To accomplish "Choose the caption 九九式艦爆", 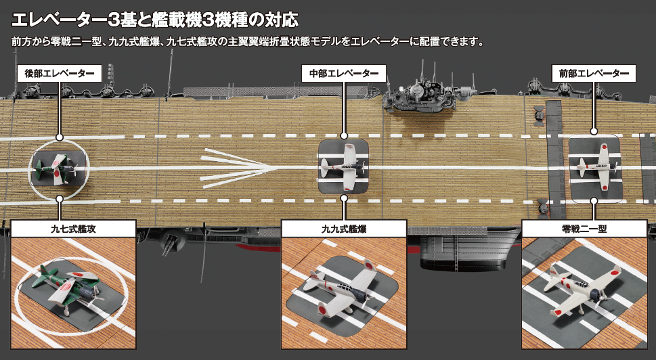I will point(344,229).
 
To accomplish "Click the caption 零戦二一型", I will point(588,229).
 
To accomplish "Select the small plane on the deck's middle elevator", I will point(343,164).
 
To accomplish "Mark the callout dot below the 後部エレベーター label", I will point(60,136).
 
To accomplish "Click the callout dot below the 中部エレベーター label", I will point(344,136).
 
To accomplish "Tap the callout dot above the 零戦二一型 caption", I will point(594,200).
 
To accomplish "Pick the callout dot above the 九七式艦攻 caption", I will point(60,199).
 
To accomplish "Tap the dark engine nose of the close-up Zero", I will point(596,295).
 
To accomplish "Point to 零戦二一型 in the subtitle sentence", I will point(75,41).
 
